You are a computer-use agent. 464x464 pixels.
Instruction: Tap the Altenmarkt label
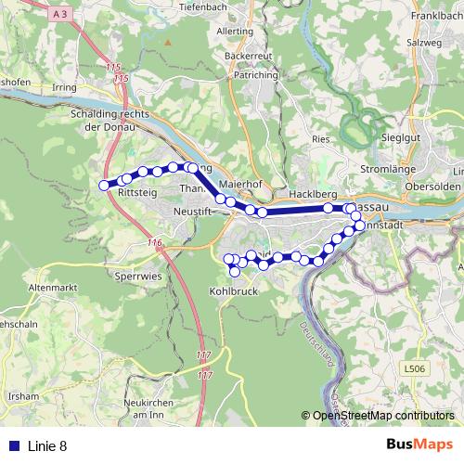tap(50, 289)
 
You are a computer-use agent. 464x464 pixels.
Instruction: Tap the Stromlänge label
tap(410, 171)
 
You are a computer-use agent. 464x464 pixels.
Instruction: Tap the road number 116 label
tap(154, 243)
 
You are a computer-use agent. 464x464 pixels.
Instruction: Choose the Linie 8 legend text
tap(46, 445)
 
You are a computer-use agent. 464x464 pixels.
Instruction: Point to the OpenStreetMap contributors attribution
tap(382, 416)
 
